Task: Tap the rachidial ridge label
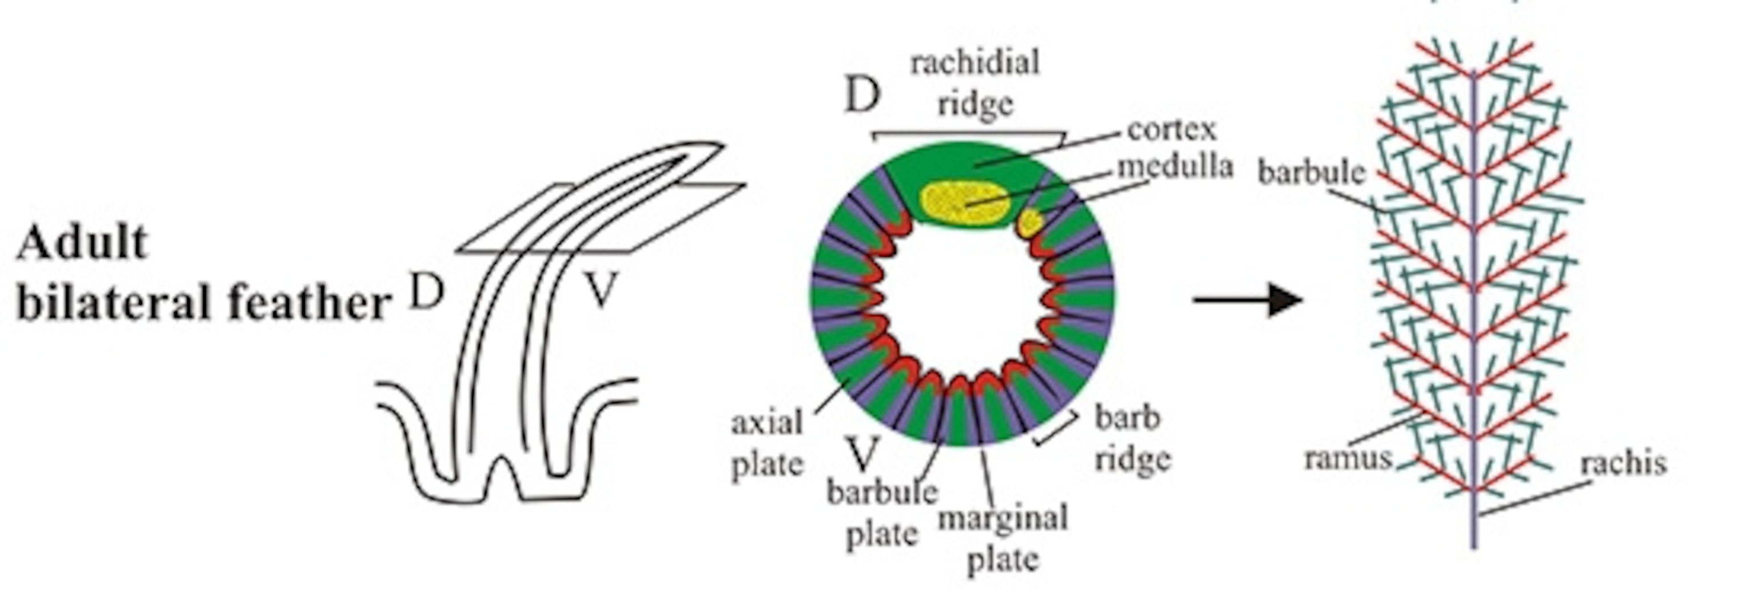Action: point(975,84)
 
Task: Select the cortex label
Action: point(1171,128)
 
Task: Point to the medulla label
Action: point(1175,166)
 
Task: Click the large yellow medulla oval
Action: point(964,203)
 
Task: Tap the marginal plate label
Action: point(1003,538)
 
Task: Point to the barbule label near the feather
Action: point(1311,173)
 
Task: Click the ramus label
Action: point(1347,458)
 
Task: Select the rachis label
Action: point(1623,464)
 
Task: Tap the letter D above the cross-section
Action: point(862,96)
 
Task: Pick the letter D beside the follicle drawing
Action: point(427,291)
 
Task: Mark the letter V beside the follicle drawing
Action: point(601,289)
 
